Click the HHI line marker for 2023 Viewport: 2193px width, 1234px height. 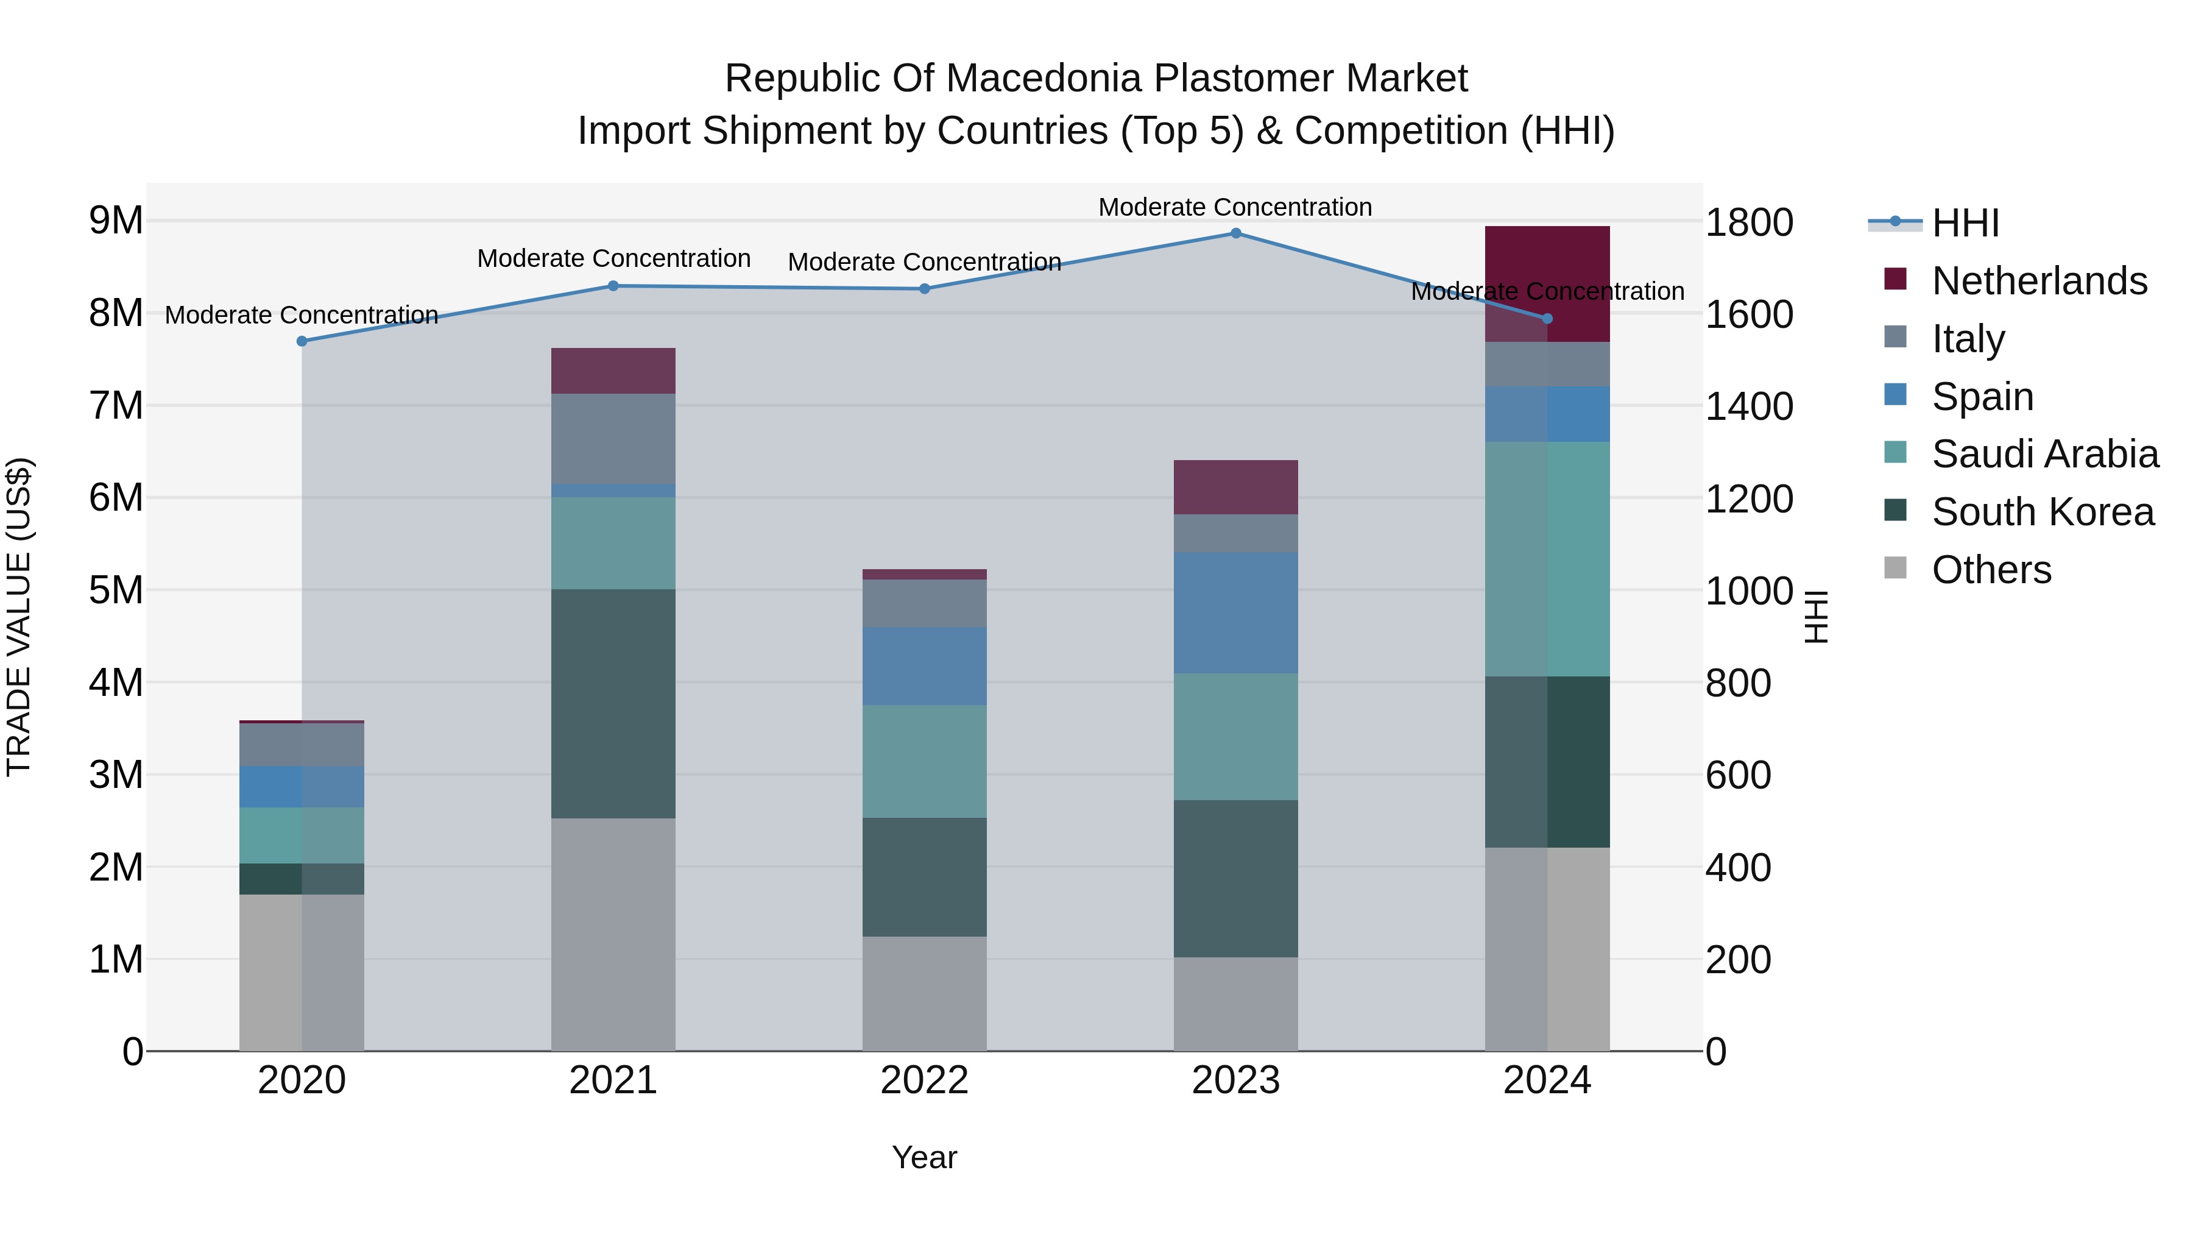[x=1235, y=233]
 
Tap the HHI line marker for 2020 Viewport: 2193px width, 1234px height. [x=302, y=341]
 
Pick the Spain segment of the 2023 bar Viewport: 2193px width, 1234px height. [x=1235, y=612]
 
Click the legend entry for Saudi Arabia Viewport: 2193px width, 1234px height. [x=2044, y=454]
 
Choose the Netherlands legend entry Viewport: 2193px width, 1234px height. [x=2039, y=281]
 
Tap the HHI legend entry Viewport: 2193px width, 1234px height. [x=1965, y=223]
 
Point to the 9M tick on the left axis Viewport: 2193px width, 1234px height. [x=116, y=221]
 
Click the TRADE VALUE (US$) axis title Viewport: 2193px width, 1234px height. [x=19, y=617]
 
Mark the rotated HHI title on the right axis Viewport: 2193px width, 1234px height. [x=1816, y=617]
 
